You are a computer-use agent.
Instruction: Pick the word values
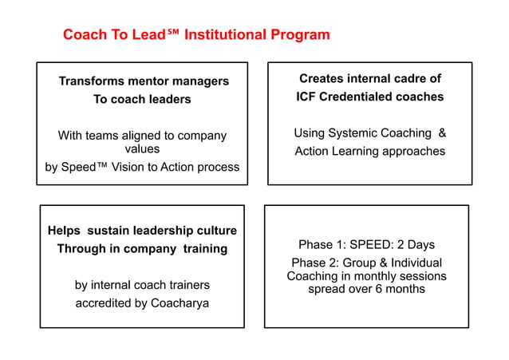142,149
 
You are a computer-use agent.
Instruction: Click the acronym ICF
306,97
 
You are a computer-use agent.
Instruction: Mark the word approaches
411,152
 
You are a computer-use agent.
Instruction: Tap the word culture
215,231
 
